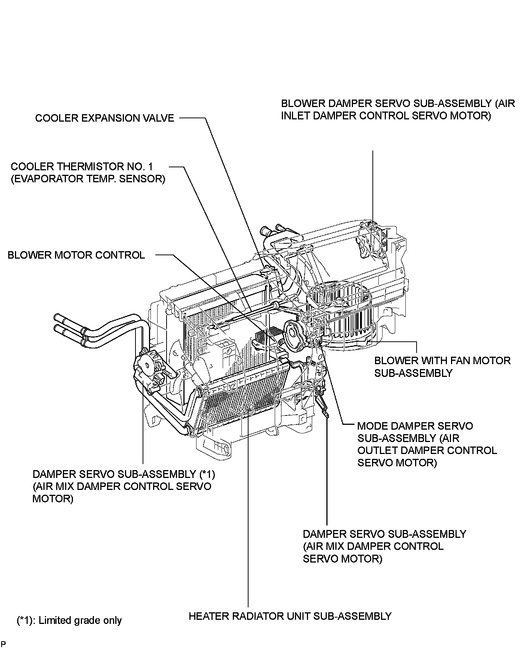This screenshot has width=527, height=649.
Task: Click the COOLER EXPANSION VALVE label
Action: (104, 118)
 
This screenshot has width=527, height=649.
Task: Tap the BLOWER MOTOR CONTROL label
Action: (76, 255)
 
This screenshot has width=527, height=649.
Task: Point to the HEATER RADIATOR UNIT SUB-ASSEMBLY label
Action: (290, 616)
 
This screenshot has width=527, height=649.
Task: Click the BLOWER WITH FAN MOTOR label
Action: (442, 361)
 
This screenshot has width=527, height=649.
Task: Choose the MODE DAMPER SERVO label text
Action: (415, 426)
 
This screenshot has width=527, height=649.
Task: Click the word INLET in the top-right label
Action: (299, 116)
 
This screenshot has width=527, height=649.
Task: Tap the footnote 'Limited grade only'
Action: (80, 621)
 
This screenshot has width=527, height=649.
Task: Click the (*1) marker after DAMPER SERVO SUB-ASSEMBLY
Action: (207, 474)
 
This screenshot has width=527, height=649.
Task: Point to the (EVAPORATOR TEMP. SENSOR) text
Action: (88, 179)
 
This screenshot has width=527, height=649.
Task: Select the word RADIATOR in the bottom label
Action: (255, 616)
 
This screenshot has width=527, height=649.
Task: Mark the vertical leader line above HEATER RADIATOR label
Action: (248, 524)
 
